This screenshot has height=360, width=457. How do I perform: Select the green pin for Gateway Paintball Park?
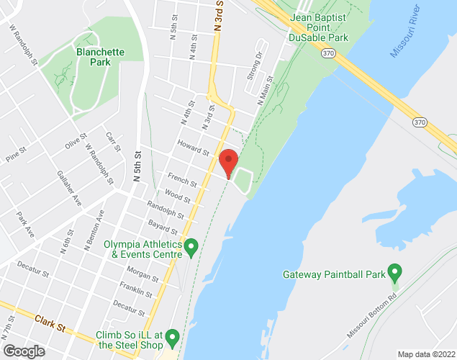[394, 272]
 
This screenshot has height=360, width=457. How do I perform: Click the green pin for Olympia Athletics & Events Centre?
[191, 248]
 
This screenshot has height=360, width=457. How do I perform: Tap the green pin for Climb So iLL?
[172, 337]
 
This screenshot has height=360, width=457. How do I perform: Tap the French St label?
[177, 179]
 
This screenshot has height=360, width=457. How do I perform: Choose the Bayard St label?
[163, 227]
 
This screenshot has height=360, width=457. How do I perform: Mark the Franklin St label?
[137, 291]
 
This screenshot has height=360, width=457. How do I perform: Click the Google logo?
[23, 351]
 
